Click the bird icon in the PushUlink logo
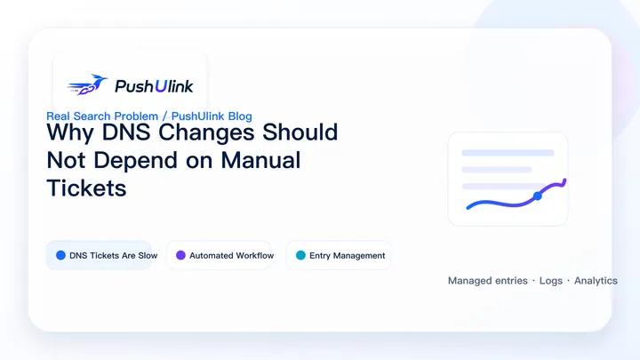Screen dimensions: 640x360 click(87, 84)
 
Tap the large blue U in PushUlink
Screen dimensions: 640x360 click(161, 86)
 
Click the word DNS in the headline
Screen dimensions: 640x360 click(126, 132)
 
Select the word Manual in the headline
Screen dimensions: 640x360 click(260, 160)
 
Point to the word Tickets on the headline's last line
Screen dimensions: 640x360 click(86, 188)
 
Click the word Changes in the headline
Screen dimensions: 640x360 click(206, 132)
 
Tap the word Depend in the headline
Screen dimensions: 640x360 click(135, 160)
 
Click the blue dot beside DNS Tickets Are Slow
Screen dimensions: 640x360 click(60, 255)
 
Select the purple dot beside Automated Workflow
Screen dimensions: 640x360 click(180, 255)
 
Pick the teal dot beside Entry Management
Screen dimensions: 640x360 click(300, 255)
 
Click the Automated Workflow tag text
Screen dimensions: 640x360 click(231, 255)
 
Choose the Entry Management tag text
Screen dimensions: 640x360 click(348, 255)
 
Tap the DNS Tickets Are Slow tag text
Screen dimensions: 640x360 click(114, 255)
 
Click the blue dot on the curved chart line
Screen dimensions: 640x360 click(538, 196)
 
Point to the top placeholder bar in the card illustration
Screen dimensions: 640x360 click(508, 153)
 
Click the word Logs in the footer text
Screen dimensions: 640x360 click(551, 281)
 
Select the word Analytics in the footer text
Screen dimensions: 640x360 click(596, 281)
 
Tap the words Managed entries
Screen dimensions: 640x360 click(488, 281)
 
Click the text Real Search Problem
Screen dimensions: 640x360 click(102, 116)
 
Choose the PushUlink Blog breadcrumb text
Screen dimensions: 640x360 click(212, 116)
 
